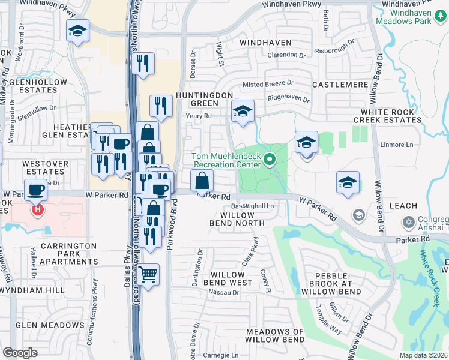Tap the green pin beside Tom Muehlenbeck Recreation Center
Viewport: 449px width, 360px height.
[x=270, y=160]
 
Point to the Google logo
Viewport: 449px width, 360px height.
[x=20, y=353]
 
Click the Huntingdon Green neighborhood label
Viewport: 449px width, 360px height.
[x=203, y=100]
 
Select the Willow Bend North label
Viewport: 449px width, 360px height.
[x=237, y=219]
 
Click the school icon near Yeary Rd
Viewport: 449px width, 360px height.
[x=243, y=111]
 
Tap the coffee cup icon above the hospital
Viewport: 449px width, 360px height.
[x=36, y=190]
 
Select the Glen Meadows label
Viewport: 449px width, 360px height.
[x=50, y=325]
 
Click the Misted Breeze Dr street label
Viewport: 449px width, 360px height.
[x=268, y=84]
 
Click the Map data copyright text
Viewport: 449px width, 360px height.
[x=423, y=355]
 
